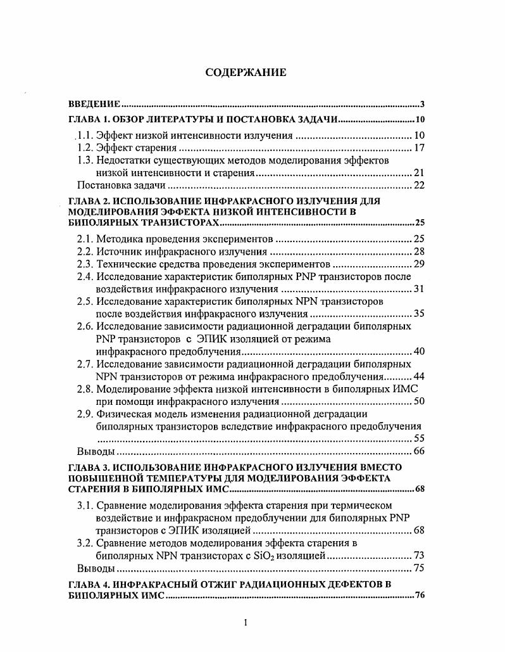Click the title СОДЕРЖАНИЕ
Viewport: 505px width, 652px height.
[x=246, y=72]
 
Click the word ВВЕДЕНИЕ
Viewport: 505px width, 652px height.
[x=94, y=103]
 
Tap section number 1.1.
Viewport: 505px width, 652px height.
[x=86, y=135]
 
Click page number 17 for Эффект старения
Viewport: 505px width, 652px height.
[x=418, y=148]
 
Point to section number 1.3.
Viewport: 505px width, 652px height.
[x=86, y=160]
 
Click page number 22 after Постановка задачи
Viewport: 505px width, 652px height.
[x=418, y=185]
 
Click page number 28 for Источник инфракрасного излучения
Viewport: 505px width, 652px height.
[x=418, y=252]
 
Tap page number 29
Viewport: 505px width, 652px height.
[x=418, y=264]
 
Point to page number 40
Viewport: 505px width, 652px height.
[x=418, y=351]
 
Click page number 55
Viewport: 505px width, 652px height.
[x=418, y=438]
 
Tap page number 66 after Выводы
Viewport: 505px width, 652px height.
[x=418, y=452]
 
